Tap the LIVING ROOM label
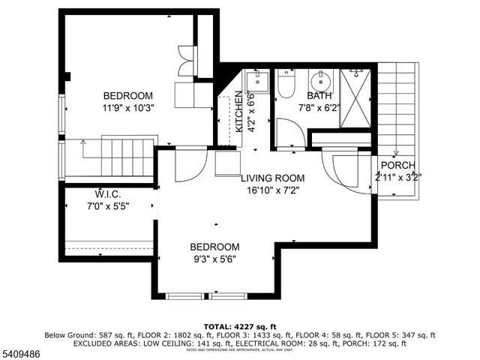[272, 178]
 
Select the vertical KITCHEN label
[239, 112]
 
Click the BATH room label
[319, 96]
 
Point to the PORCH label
[397, 166]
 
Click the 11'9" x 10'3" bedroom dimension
[128, 108]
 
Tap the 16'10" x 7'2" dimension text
[272, 190]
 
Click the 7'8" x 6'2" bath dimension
[319, 107]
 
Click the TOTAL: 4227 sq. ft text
[239, 326]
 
